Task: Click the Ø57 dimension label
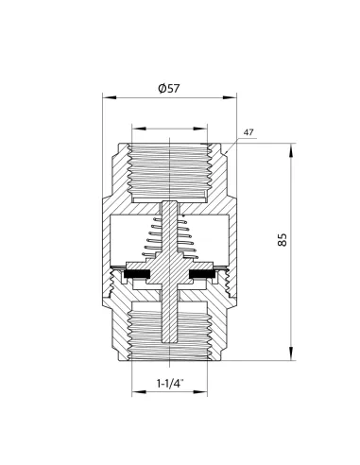click(169, 89)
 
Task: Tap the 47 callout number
click(249, 132)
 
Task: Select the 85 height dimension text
click(283, 240)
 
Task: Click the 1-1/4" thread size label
click(170, 384)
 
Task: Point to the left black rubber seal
click(138, 274)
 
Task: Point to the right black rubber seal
click(202, 274)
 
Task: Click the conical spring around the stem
click(170, 237)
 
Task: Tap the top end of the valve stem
click(170, 201)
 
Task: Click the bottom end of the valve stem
click(170, 341)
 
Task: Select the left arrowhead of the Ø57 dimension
click(109, 97)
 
